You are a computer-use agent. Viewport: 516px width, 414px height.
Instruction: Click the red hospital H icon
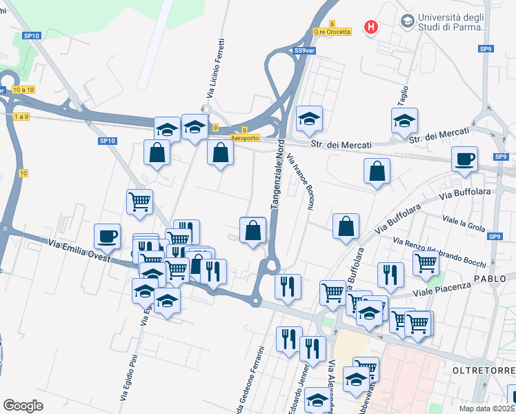372,28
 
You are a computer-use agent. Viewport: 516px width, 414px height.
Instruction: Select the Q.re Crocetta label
332,31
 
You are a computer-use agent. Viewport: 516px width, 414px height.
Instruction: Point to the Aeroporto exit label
245,138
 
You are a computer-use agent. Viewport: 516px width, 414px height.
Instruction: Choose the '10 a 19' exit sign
23,90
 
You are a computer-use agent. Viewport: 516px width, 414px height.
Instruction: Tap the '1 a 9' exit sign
21,117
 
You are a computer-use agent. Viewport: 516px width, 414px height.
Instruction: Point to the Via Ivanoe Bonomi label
301,176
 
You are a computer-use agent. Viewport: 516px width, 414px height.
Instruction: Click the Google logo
23,405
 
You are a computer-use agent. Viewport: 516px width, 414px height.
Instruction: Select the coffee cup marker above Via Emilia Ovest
107,236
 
